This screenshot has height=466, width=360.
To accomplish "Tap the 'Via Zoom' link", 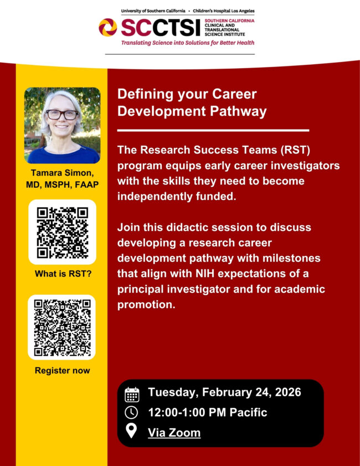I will point(174,432).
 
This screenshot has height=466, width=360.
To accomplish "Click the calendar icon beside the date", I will point(132,393).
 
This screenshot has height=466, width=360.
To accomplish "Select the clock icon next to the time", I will point(132,413).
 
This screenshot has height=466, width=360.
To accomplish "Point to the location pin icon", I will point(132,432).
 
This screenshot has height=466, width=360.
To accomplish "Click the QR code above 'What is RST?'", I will point(63,231).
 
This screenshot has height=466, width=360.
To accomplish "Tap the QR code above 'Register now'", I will point(63,327).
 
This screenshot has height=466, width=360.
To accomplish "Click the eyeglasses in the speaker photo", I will point(61,115).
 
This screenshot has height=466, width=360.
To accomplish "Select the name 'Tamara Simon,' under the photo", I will point(62,174).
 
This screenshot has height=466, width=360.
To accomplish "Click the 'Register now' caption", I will point(62,370).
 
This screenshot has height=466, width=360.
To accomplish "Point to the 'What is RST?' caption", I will point(63,274).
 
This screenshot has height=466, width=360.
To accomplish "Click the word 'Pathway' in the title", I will point(239,111).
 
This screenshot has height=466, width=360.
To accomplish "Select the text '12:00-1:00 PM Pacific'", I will point(207,412).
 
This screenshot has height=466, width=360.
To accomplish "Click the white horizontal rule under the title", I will point(213,130).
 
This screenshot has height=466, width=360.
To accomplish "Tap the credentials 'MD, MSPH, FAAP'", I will point(62,185).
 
